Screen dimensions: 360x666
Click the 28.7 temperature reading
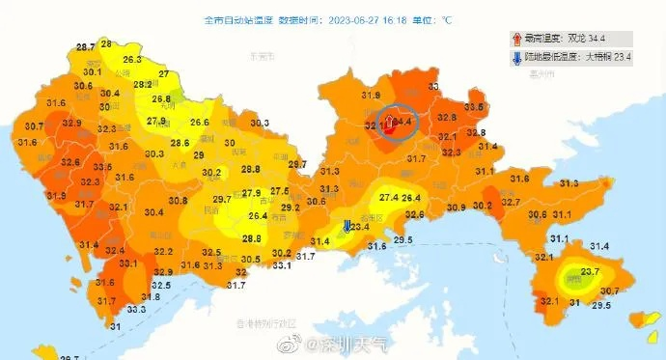(86, 47)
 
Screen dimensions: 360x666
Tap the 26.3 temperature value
(132, 59)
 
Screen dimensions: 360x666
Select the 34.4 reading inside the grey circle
(401, 123)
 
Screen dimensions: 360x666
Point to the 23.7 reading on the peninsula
(591, 272)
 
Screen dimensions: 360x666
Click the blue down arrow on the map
(347, 226)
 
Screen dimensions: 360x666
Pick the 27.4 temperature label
(389, 197)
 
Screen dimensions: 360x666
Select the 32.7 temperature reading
(511, 202)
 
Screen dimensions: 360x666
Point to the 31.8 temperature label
(151, 296)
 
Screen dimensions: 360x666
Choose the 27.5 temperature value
(279, 191)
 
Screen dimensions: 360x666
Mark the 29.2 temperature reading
(289, 208)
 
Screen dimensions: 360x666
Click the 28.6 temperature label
(180, 143)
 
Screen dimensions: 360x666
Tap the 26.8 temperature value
(161, 98)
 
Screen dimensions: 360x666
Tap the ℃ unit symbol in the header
(447, 18)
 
